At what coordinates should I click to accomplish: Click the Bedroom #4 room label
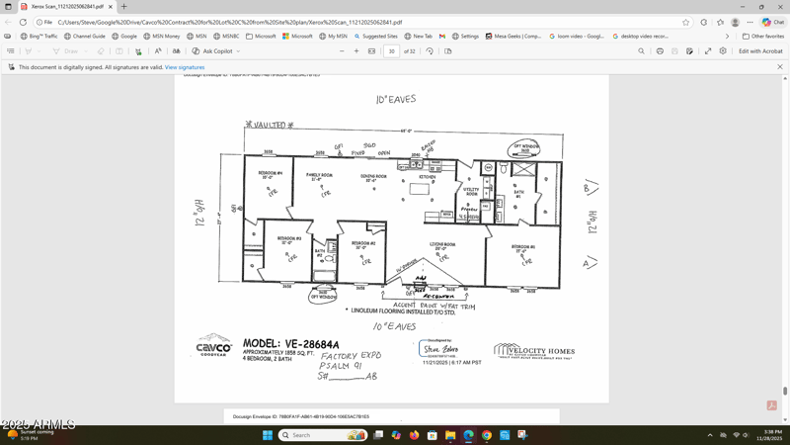tap(270, 174)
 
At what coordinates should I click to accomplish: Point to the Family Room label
tap(319, 177)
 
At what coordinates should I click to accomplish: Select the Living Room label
tap(441, 246)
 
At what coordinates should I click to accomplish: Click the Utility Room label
tap(471, 192)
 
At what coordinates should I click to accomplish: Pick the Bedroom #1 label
tap(523, 248)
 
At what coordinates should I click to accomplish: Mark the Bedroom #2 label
tap(363, 244)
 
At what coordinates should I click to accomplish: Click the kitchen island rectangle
tap(420, 188)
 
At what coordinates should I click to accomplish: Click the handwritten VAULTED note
tap(270, 126)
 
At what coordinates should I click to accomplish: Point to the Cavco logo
tap(213, 345)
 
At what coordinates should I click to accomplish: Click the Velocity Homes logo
tap(533, 351)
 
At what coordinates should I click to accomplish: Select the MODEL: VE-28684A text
tap(290, 345)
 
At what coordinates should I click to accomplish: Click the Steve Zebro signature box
tap(439, 349)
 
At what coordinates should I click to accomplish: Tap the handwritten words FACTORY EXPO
tap(351, 356)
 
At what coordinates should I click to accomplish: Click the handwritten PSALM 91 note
tap(341, 366)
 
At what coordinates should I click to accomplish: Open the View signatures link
tap(185, 67)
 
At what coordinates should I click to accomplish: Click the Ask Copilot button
tap(215, 51)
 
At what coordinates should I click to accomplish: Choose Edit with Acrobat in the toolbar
tap(760, 51)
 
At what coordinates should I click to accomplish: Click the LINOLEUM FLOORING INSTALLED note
tap(404, 311)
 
